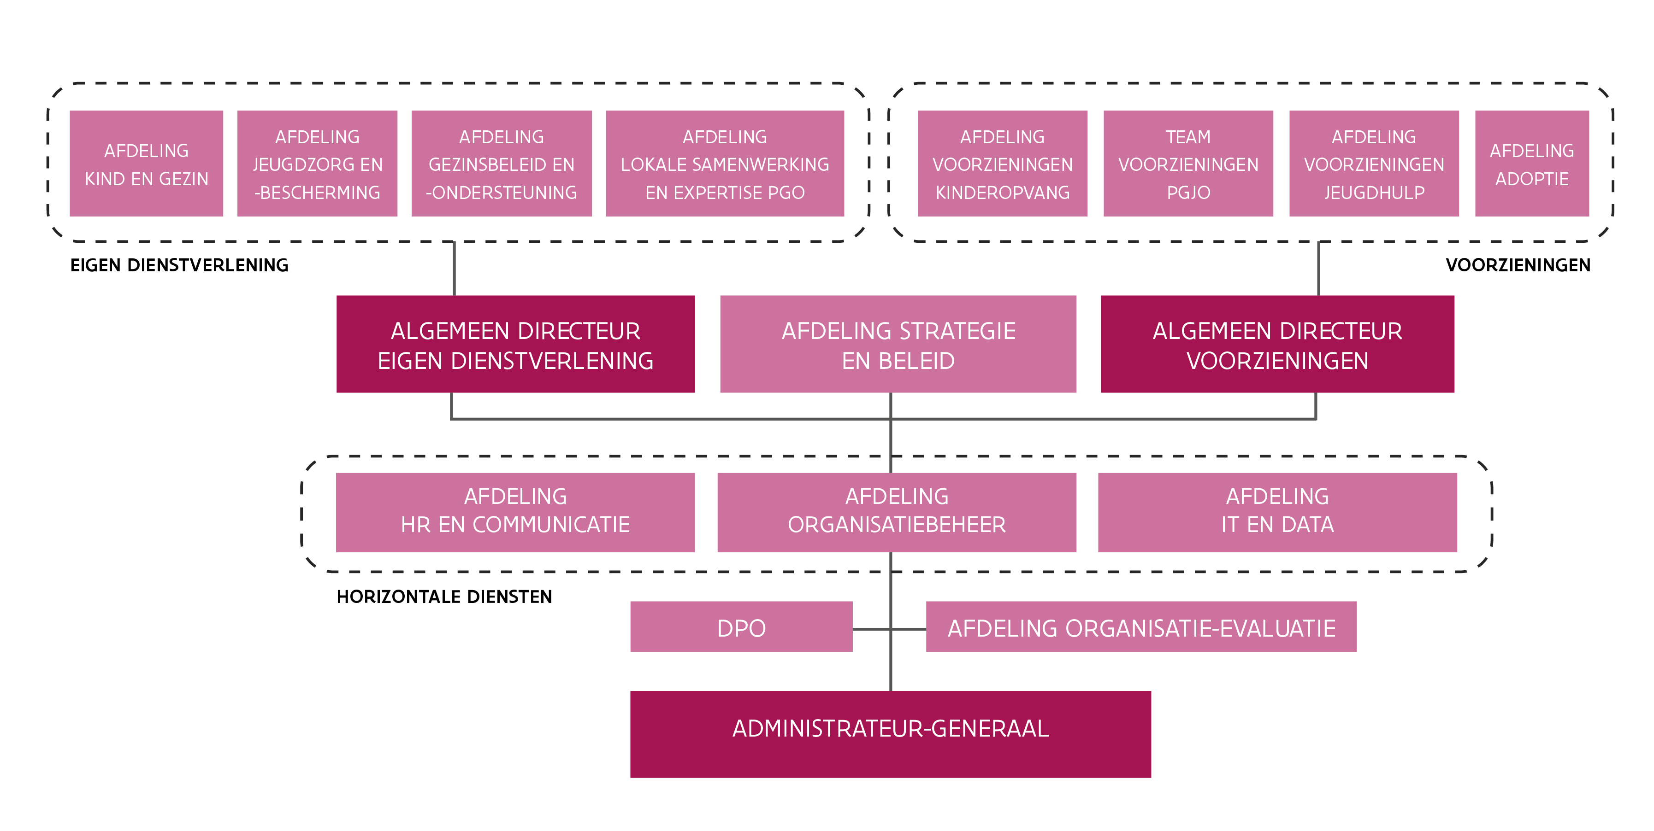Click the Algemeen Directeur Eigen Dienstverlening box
pos(515,345)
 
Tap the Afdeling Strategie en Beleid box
pos(898,345)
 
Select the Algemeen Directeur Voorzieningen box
pos(1277,345)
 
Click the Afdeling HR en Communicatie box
pos(515,513)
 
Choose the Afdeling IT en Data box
pos(1277,513)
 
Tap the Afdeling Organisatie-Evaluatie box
pos(1141,627)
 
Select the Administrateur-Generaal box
pos(891,735)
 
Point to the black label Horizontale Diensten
pos(444,597)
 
